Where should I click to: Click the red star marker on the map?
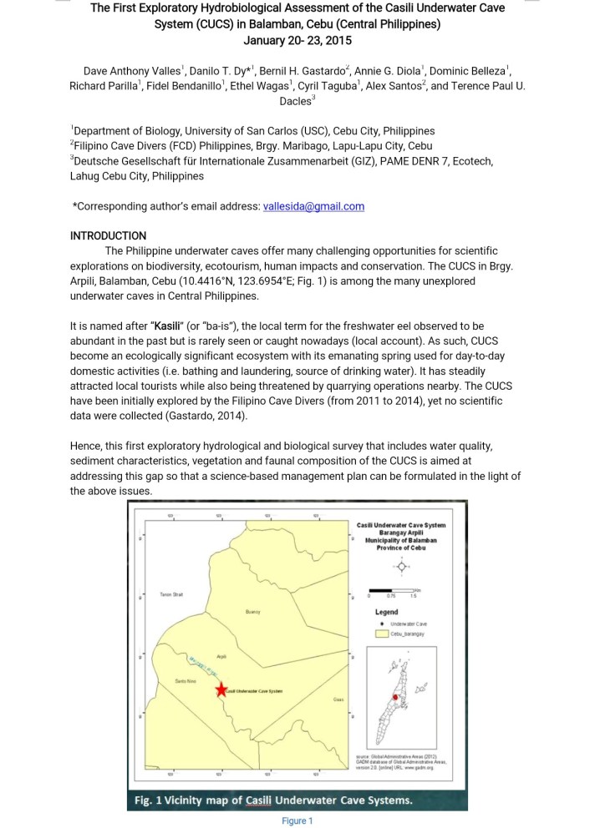pyautogui.click(x=221, y=689)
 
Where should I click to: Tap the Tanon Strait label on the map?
pyautogui.click(x=171, y=593)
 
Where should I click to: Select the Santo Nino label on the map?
pyautogui.click(x=185, y=682)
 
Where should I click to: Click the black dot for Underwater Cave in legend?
pyautogui.click(x=382, y=623)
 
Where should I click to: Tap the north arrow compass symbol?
pyautogui.click(x=402, y=566)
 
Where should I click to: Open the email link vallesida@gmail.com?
pyautogui.click(x=313, y=207)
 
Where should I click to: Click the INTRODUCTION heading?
pyautogui.click(x=108, y=235)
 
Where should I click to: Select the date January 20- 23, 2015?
pyautogui.click(x=297, y=39)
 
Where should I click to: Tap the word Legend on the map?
pyautogui.click(x=386, y=611)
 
